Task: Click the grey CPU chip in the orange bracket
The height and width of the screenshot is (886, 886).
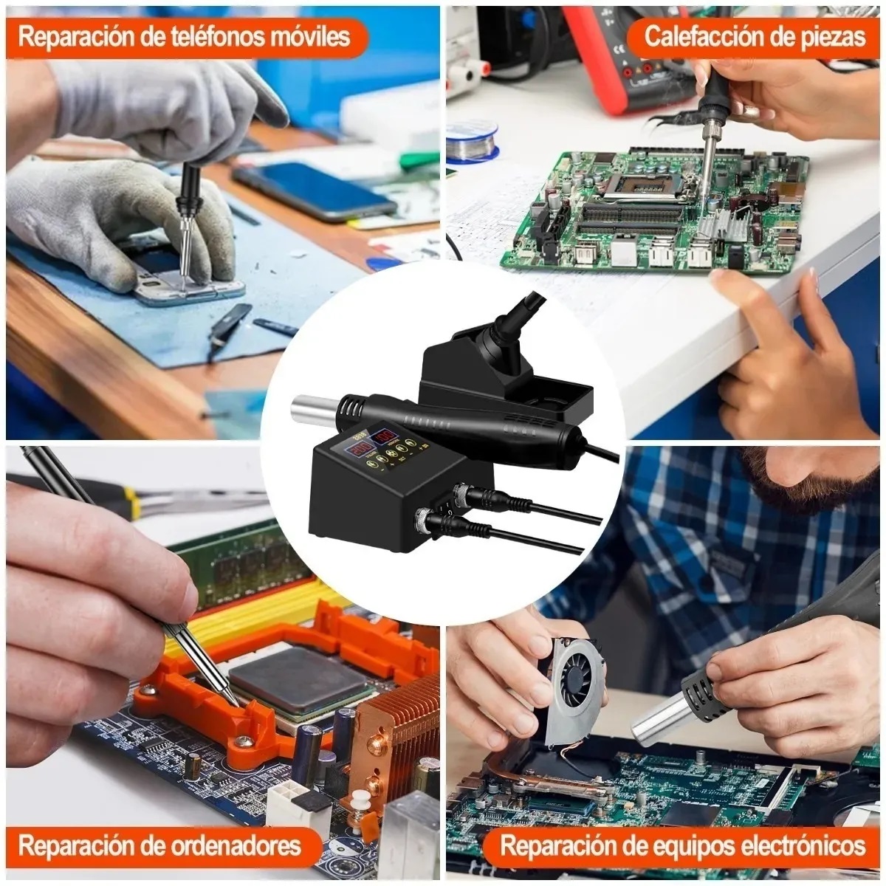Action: click(299, 681)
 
